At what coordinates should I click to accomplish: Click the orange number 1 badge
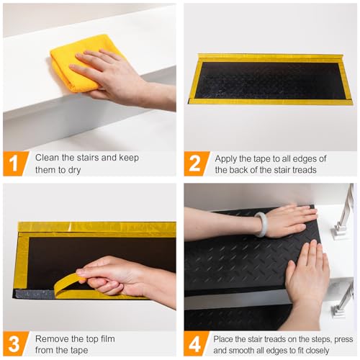click(x=14, y=163)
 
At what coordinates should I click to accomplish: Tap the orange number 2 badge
click(x=195, y=163)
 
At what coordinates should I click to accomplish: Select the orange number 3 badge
click(x=14, y=343)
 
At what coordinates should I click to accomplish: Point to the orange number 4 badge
click(x=195, y=343)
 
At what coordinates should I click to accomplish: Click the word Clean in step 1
click(x=47, y=158)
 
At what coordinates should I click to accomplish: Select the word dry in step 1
click(x=74, y=170)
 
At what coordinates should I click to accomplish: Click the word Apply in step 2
click(x=226, y=159)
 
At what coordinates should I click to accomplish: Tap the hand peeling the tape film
click(x=125, y=279)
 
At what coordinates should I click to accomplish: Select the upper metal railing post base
click(x=339, y=232)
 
